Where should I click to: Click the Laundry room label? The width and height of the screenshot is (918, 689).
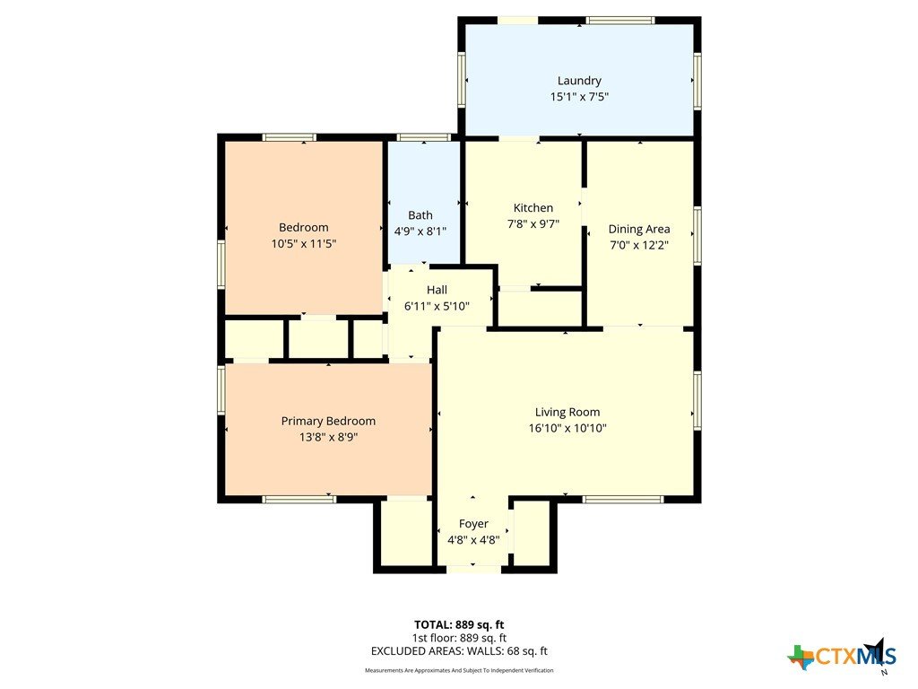(x=579, y=81)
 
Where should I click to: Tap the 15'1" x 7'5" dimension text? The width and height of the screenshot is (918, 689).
(x=579, y=97)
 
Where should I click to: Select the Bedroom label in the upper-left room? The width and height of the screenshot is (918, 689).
(x=303, y=227)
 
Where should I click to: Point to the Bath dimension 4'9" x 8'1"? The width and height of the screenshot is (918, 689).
(x=420, y=231)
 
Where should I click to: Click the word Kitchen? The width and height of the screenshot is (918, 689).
(x=533, y=207)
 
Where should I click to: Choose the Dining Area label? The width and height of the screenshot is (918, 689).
(x=638, y=229)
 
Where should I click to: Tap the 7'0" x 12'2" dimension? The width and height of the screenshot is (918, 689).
(x=638, y=245)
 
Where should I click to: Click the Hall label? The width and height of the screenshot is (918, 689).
(x=437, y=290)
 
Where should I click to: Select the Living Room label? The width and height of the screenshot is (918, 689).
(x=567, y=413)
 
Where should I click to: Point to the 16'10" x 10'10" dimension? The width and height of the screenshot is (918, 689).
(x=567, y=428)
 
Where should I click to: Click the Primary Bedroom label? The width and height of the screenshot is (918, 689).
(x=328, y=422)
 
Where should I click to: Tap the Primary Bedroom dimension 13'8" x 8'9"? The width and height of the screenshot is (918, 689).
(x=328, y=437)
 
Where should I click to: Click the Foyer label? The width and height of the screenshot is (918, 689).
(x=473, y=524)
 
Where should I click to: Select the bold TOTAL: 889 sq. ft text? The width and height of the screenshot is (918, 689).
(x=459, y=624)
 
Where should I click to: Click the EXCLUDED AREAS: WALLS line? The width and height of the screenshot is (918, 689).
(x=459, y=651)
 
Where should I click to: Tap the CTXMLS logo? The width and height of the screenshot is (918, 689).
(x=843, y=656)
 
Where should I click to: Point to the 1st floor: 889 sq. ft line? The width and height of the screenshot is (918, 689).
(x=459, y=638)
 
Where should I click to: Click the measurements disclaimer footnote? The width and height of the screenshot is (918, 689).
(x=459, y=670)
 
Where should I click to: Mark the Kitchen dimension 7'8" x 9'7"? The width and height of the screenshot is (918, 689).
(x=533, y=223)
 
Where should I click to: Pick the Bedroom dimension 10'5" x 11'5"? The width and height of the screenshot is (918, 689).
(x=303, y=243)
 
